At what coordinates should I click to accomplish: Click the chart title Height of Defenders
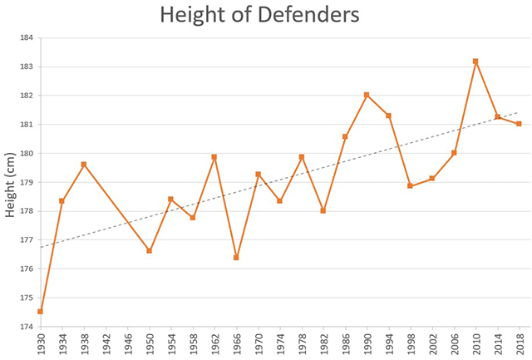[260, 15]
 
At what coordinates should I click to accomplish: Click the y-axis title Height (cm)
[11, 183]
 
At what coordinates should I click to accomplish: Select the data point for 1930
[40, 312]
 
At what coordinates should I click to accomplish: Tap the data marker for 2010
[475, 61]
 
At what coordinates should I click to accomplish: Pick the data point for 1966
[236, 258]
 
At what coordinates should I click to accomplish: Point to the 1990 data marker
[367, 95]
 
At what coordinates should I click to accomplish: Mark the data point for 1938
[84, 165]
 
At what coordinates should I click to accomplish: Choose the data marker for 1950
[150, 250]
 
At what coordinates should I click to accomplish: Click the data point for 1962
[214, 157]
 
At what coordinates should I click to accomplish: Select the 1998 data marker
[410, 186]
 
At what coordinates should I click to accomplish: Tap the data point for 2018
[519, 124]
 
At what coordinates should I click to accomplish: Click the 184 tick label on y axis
[27, 37]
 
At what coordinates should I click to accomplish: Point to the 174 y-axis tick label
[27, 327]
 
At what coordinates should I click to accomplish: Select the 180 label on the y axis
[27, 153]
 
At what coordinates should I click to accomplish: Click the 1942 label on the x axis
[106, 344]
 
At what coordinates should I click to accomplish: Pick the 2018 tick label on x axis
[520, 344]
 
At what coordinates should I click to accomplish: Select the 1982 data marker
[323, 210]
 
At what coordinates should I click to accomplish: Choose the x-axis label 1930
[41, 344]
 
